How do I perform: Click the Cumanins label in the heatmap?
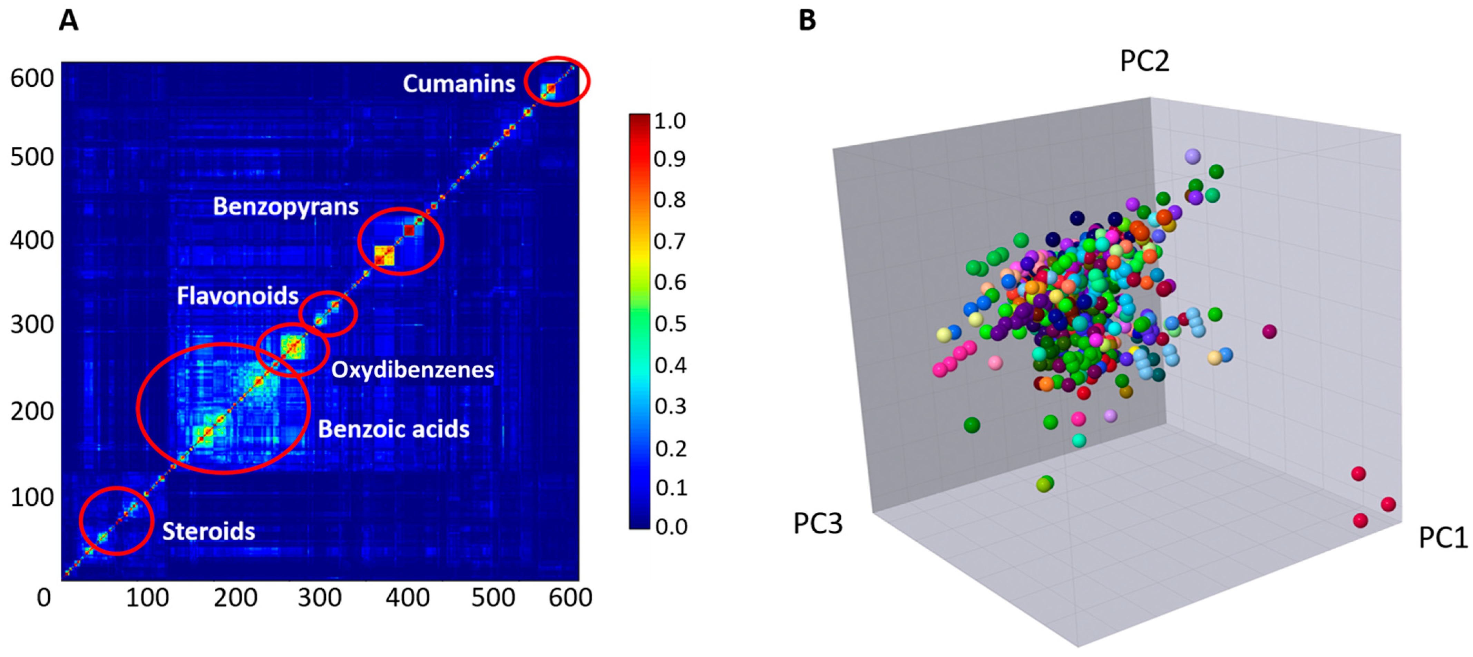click(x=459, y=84)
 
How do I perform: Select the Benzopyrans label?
click(x=285, y=206)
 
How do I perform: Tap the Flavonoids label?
click(x=237, y=296)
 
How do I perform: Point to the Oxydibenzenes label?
click(x=412, y=370)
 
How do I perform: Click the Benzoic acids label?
click(x=393, y=429)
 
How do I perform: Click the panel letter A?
click(x=69, y=21)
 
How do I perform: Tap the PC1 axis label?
click(x=1442, y=538)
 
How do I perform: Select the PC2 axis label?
click(x=1144, y=61)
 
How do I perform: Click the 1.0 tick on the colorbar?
click(x=670, y=121)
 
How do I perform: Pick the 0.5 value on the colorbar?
click(x=670, y=323)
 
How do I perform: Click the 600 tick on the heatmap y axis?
click(x=32, y=78)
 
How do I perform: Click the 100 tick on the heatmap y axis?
click(x=32, y=497)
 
